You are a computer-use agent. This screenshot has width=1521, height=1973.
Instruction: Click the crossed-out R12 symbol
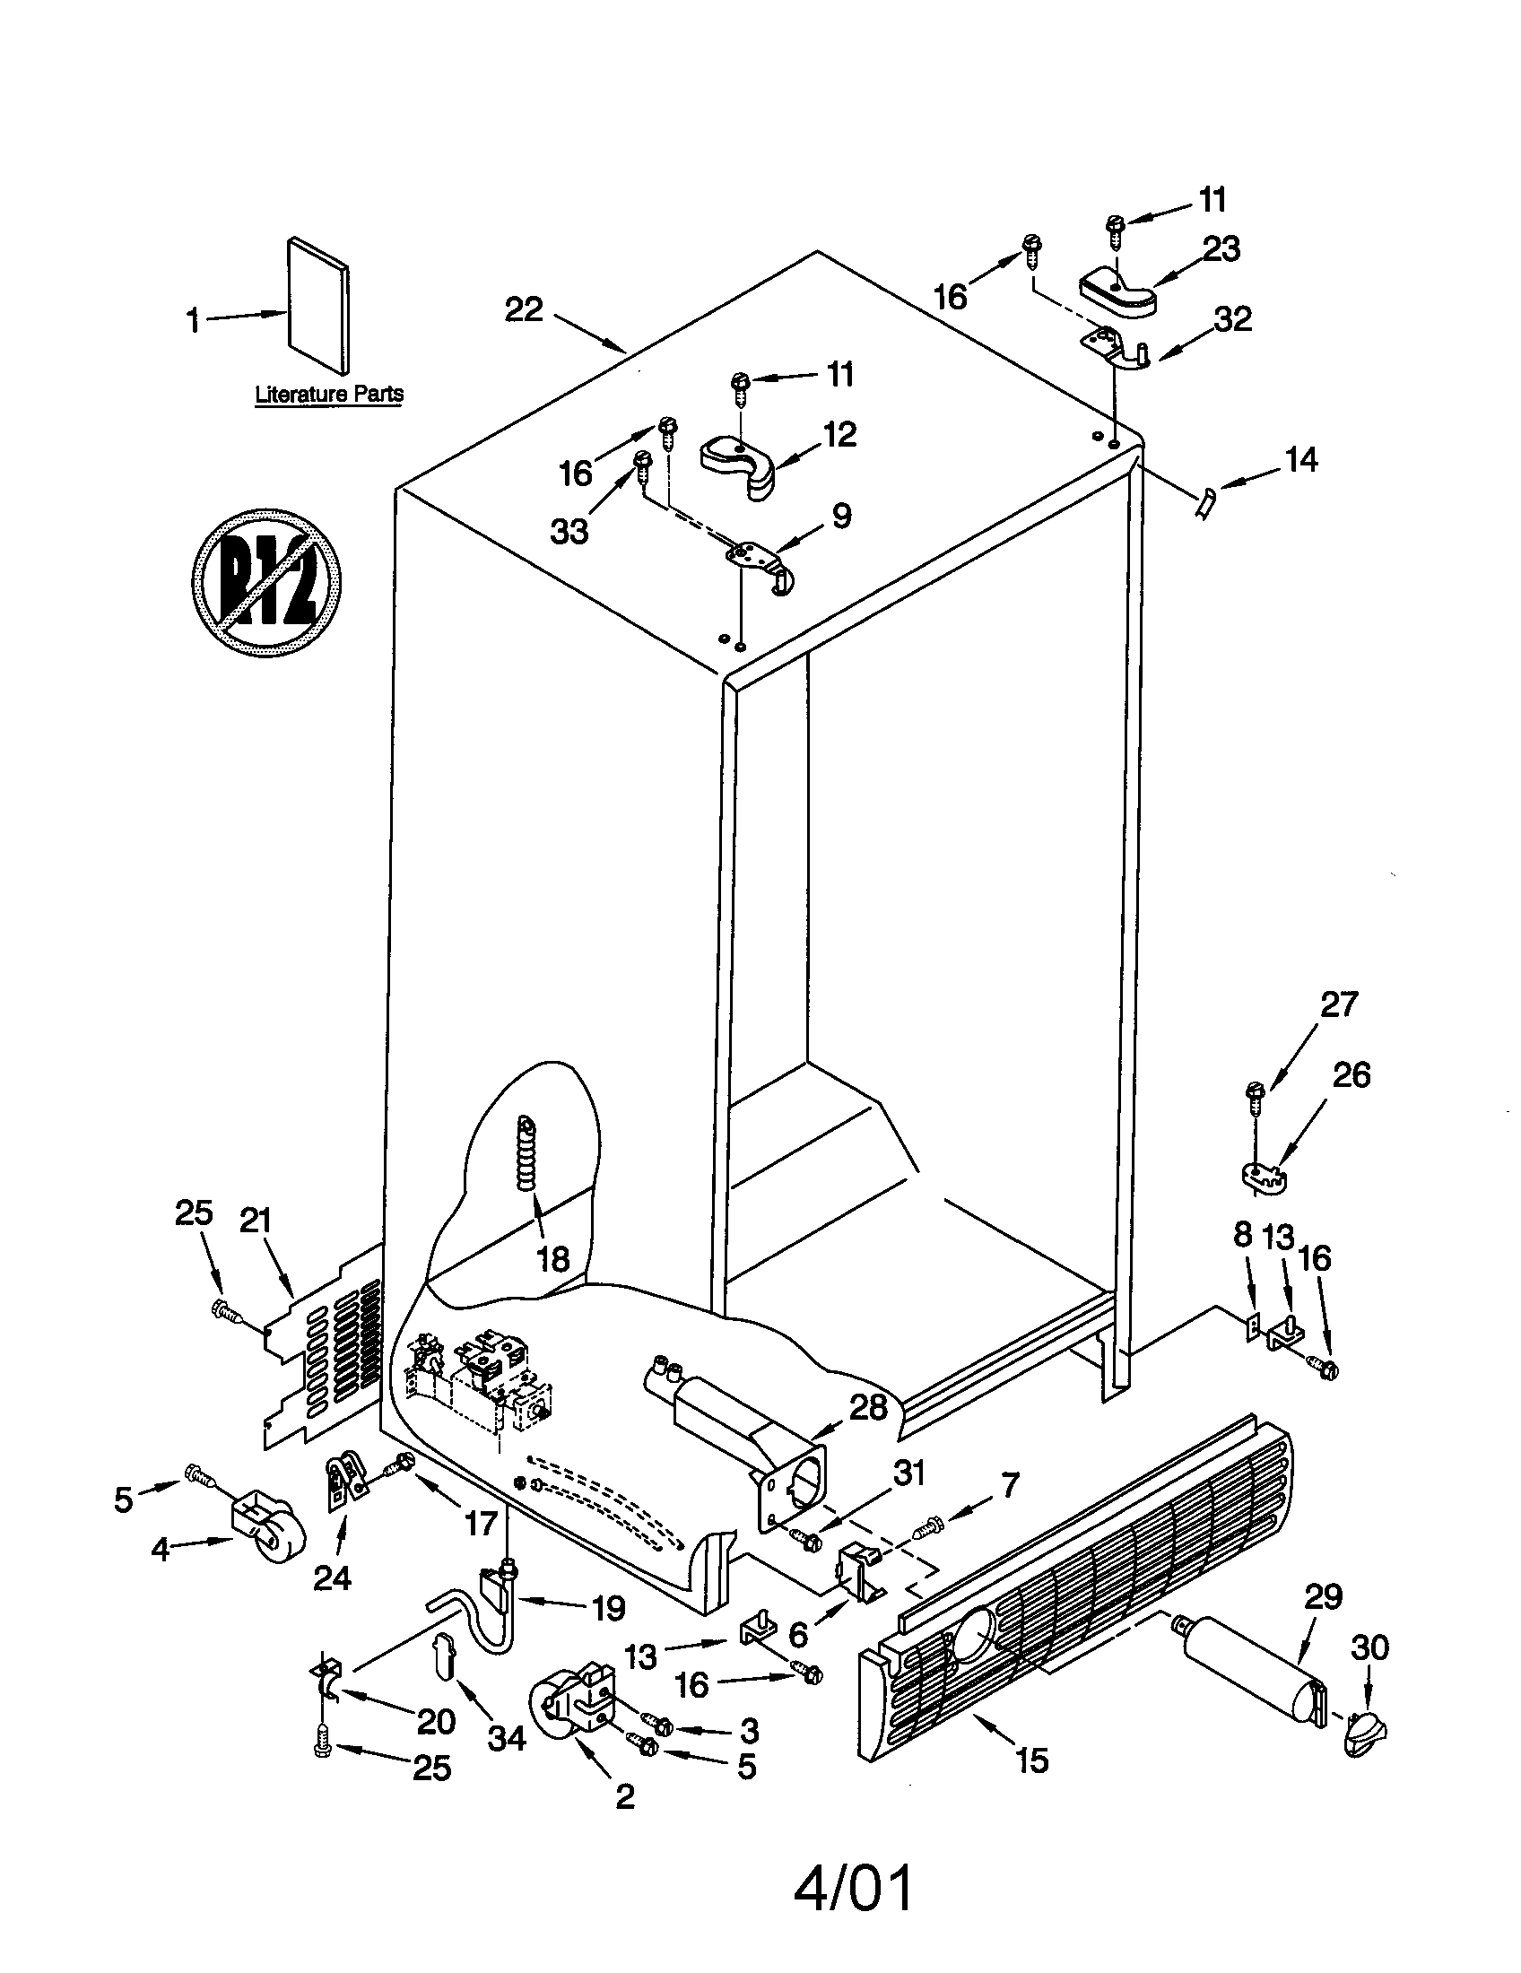point(266,579)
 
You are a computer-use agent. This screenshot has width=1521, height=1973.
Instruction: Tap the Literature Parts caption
point(329,394)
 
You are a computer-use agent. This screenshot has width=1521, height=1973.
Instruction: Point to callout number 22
point(524,310)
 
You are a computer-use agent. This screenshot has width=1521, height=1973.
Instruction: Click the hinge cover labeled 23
point(1118,291)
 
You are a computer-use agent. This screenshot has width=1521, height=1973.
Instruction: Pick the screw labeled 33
point(643,464)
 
